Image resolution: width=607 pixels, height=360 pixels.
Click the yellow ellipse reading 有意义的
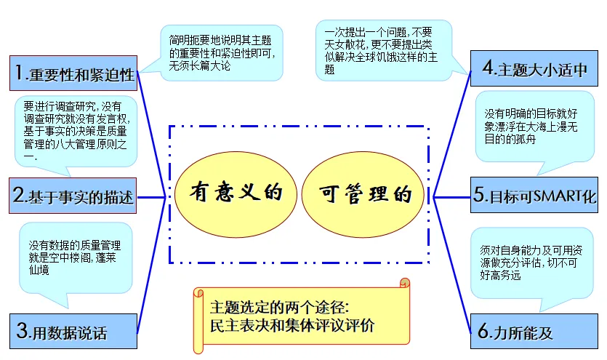[x=235, y=193]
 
